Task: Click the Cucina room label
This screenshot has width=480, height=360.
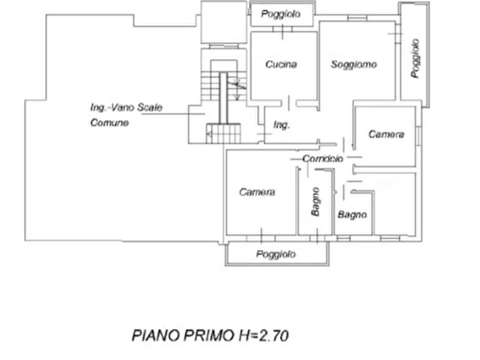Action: pos(281,64)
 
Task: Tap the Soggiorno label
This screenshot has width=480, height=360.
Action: pos(354,64)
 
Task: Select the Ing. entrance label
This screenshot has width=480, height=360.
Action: pos(281,125)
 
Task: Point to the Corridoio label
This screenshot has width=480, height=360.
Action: pos(323,159)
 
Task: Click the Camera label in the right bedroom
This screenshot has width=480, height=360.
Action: pos(386,134)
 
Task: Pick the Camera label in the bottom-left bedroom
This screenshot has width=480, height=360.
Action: pos(257,192)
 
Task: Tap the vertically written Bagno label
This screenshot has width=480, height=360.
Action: pos(316,201)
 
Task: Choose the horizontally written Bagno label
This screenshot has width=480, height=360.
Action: pos(353,214)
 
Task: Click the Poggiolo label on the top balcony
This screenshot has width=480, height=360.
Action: pos(281,14)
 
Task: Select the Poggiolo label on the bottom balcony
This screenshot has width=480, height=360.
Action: pos(276,254)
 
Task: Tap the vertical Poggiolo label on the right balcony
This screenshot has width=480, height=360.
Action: pos(415,58)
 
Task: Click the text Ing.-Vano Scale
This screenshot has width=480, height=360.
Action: pos(126,107)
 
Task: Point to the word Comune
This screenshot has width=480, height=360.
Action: pos(109,123)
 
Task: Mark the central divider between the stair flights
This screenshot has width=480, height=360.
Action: pos(224,98)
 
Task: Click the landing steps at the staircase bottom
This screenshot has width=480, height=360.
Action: pos(223,133)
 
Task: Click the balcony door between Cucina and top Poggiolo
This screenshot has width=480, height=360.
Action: pos(282,30)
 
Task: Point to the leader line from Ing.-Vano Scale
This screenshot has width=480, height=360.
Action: pos(173,114)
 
